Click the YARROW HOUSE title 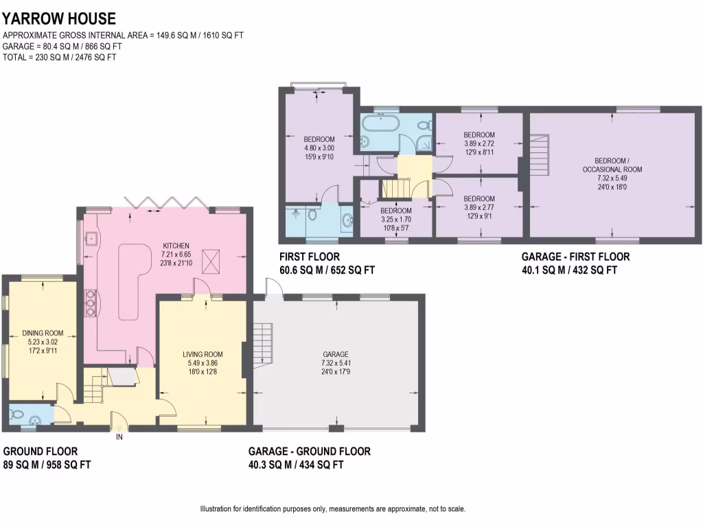click(59, 19)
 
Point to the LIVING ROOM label click(203, 354)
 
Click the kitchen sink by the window click(91, 239)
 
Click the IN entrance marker click(119, 436)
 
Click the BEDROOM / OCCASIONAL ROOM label click(613, 165)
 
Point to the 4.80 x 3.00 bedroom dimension click(319, 148)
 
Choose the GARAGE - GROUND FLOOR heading click(310, 451)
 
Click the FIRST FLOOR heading click(308, 257)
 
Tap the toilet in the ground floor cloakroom click(18, 415)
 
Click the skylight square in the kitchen click(210, 259)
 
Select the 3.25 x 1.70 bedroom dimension click(396, 220)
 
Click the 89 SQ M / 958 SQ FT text click(47, 465)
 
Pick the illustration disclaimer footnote click(332, 509)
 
